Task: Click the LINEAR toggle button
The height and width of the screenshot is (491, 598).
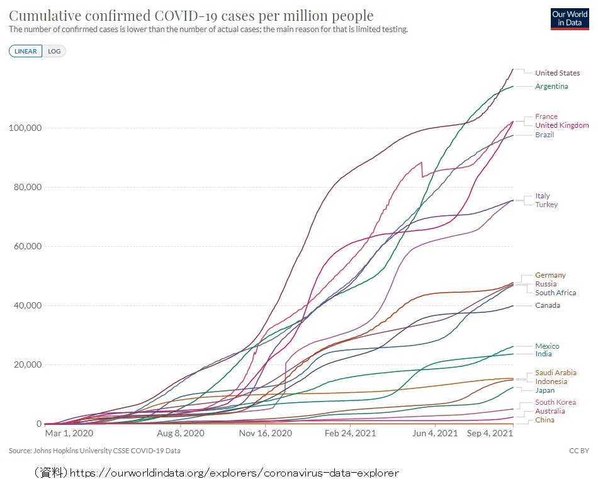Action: pos(26,51)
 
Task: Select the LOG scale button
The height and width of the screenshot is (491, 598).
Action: pos(54,51)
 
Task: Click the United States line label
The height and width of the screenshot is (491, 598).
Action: pos(558,73)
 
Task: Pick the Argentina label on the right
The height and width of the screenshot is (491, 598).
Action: pos(551,86)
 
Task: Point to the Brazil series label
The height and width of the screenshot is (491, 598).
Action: pos(544,135)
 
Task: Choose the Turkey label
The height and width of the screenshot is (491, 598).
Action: pos(546,205)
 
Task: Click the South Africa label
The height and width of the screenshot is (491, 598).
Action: pos(556,293)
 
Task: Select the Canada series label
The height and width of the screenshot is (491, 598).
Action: pos(548,305)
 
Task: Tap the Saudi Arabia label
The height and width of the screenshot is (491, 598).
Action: pos(556,373)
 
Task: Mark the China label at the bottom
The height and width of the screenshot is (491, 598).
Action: pos(544,420)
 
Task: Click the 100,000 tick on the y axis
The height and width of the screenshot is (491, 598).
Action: pos(25,128)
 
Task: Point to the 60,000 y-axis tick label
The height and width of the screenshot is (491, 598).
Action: pos(27,246)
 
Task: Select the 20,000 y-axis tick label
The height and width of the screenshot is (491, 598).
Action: pos(27,364)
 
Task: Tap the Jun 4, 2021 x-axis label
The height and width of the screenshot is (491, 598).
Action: pos(434,434)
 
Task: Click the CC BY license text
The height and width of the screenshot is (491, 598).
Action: pos(578,451)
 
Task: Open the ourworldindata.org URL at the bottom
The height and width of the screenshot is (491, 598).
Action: pos(234,472)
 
